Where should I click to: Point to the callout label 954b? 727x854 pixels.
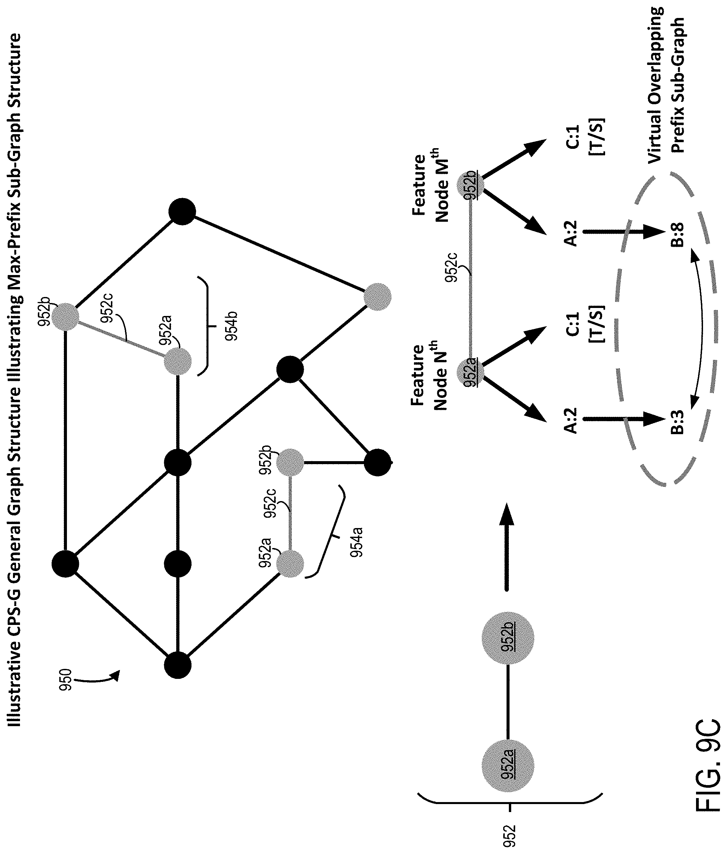232,326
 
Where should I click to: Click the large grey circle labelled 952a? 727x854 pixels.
508,766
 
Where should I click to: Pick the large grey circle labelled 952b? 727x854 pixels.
508,638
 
